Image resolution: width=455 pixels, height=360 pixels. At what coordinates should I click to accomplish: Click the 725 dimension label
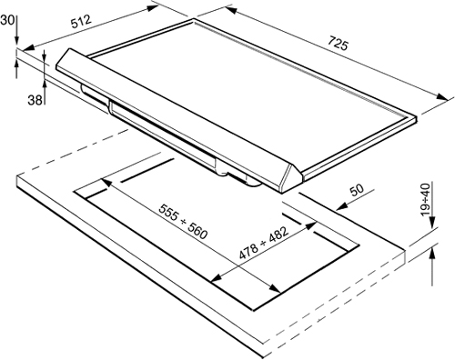pos(338,44)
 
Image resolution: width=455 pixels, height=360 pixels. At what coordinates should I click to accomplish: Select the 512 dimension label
pos(81,22)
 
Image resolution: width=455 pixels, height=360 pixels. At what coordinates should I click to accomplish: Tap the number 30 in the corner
pos(6,20)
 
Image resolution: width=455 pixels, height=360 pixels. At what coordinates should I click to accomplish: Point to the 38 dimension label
pos(35,99)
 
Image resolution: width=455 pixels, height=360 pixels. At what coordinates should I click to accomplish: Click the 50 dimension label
pos(357,190)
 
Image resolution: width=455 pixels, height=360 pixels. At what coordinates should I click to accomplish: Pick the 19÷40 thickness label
pos(427,199)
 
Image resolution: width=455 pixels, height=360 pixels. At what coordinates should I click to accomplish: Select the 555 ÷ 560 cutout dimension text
pos(183,221)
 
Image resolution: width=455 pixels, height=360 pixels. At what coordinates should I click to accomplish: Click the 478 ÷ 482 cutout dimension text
pos(263,244)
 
